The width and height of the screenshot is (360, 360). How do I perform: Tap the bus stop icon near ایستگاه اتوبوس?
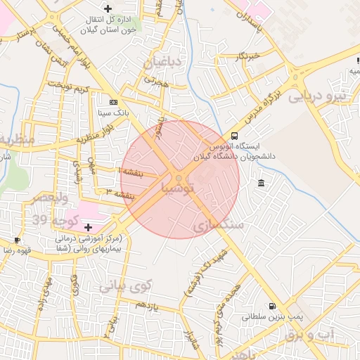point(233,136)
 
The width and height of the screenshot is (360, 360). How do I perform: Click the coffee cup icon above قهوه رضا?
point(16,240)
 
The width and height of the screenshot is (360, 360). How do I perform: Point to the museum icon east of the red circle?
point(261,184)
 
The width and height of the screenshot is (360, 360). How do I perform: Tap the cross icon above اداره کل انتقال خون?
point(107,8)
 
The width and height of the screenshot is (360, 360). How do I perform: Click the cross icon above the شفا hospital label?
point(88,227)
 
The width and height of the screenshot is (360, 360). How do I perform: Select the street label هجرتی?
point(154,82)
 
